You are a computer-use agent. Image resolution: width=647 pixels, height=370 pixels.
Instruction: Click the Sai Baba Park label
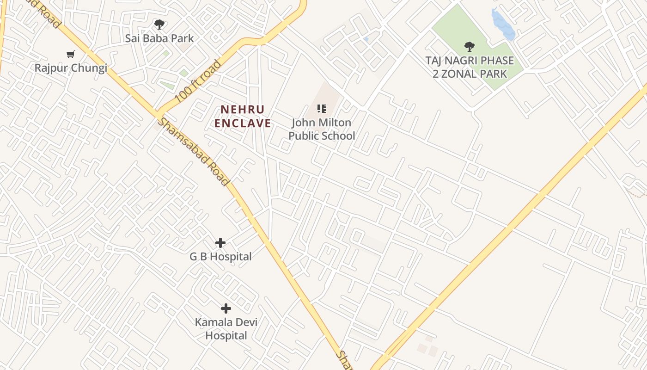point(159,38)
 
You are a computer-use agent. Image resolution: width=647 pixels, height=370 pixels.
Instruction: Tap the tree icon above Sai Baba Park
point(159,24)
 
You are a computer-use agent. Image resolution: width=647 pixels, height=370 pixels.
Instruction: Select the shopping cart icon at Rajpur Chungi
point(71,55)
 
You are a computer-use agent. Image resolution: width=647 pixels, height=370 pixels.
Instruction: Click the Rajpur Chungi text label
point(71,68)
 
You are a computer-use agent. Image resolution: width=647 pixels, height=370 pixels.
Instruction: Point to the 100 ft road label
point(198,81)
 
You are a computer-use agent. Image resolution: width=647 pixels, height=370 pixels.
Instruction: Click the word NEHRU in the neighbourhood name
point(242,110)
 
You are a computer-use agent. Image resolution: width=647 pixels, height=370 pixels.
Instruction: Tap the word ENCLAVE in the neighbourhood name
point(243,123)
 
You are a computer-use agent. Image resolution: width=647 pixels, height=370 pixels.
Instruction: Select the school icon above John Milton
point(322,109)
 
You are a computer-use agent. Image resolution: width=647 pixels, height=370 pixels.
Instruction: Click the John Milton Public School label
point(322,129)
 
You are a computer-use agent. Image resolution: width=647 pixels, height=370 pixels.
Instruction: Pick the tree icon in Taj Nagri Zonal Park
point(470,46)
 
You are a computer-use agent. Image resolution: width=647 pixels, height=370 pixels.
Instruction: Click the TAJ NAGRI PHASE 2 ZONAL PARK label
point(470,67)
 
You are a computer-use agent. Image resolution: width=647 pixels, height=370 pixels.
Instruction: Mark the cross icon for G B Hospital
point(220,242)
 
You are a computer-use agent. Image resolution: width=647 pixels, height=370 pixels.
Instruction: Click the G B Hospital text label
point(220,257)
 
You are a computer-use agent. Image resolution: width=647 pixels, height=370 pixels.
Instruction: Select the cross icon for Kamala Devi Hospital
point(226,308)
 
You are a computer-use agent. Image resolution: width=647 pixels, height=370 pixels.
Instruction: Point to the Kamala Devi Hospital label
point(226,329)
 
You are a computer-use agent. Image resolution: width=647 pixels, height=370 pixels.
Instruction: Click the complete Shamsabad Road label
point(193,152)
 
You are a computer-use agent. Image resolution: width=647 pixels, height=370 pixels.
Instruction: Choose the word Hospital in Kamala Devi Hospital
point(226,336)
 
